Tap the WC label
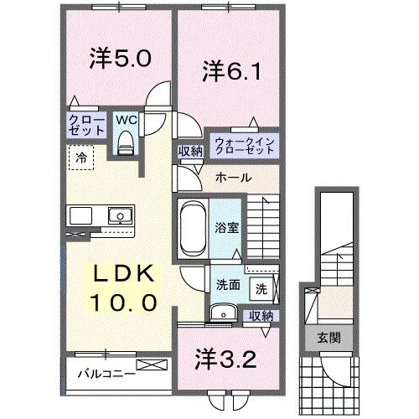click(124, 119)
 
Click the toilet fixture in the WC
click(126, 144)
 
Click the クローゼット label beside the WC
click(86, 126)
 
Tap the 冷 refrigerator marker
click(80, 156)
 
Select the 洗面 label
click(228, 284)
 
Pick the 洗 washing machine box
click(261, 290)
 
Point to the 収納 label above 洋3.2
click(261, 316)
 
